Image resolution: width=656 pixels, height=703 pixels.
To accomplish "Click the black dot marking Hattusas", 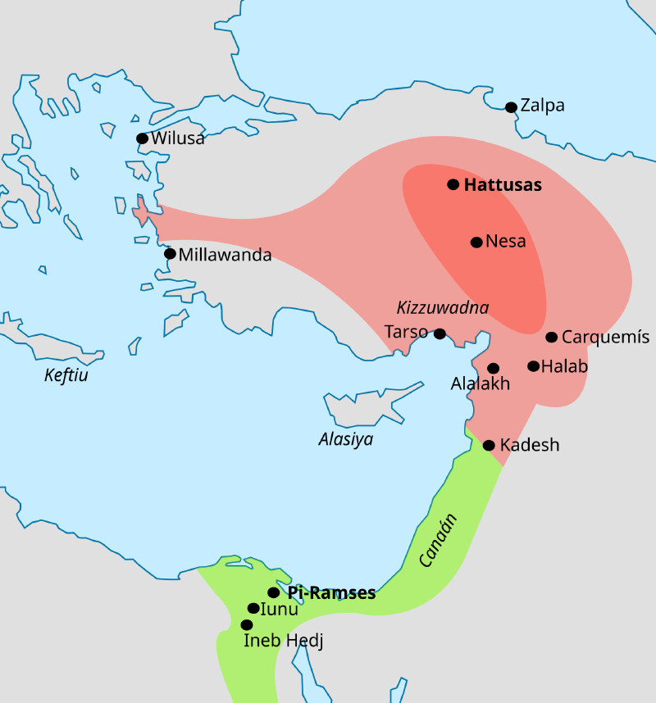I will coord(453,184).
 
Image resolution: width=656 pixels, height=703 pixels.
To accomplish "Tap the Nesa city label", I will coord(505,242).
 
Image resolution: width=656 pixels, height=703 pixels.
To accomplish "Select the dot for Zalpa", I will coord(511,107).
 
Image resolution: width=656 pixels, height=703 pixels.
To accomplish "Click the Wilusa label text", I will coord(177,138).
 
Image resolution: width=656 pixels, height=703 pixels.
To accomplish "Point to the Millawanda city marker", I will coord(170,253).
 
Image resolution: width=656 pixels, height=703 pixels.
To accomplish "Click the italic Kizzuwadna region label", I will coord(442,308).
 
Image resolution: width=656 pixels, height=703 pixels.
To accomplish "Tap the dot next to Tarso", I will coord(440,333).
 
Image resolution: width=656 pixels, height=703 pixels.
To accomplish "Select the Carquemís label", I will coord(605,338).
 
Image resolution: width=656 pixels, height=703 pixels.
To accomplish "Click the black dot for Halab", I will coord(534,366).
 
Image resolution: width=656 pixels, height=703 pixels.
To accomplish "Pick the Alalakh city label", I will coord(481,383).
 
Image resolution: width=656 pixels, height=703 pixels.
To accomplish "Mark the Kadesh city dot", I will coord(489,446).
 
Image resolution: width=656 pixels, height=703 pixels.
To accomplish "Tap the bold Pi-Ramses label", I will coord(331,592).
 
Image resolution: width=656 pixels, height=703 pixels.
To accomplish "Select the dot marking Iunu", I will coord(253,608).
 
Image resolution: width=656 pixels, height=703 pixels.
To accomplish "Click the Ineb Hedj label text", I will coord(284,641).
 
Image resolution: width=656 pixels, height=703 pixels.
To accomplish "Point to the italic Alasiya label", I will coord(345,439).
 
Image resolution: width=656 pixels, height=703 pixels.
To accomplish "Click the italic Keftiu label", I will coord(66,376).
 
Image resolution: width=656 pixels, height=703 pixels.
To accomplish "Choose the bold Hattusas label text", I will coord(503,185).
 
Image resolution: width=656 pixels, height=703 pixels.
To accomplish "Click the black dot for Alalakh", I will coord(493,369).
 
